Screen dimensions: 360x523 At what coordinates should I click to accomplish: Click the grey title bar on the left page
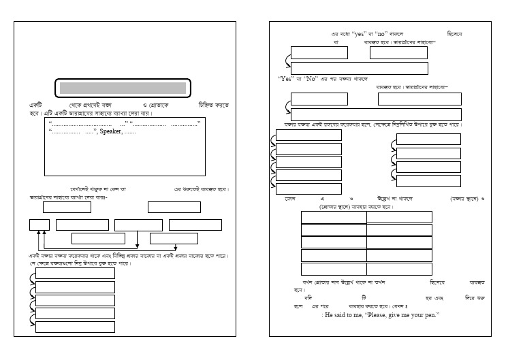123,88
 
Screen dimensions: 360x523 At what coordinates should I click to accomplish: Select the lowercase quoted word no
381,33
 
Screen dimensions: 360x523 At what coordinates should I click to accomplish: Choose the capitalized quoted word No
313,78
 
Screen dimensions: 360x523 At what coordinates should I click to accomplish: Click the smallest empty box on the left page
39,225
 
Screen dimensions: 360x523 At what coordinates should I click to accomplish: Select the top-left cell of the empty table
334,217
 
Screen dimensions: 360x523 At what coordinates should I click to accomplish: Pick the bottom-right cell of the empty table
399,268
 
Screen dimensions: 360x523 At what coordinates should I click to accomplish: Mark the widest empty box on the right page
376,114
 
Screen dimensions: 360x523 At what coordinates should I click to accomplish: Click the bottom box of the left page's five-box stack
75,327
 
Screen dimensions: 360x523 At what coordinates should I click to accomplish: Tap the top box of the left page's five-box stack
75,274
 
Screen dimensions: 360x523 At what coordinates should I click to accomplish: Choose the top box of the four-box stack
428,140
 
